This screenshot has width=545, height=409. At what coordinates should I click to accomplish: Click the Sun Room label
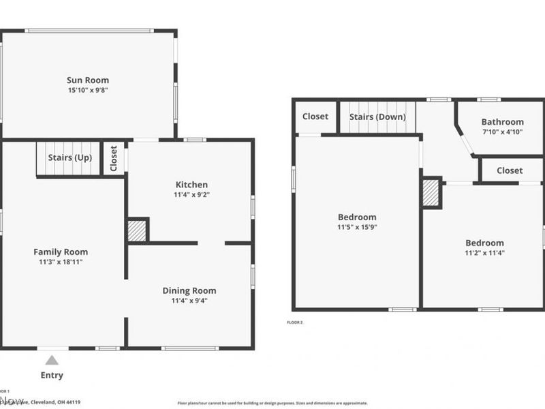click(88, 80)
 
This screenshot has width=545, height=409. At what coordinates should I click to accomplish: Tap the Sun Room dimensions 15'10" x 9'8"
click(88, 90)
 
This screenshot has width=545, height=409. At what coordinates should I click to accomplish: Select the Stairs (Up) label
click(70, 157)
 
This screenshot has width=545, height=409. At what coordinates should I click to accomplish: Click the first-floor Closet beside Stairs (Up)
click(114, 158)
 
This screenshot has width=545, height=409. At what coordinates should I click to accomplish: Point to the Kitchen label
click(191, 185)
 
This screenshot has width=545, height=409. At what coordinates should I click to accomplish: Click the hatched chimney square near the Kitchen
click(137, 230)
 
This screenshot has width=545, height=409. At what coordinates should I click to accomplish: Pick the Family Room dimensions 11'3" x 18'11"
click(61, 262)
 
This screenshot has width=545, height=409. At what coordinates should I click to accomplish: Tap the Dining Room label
click(189, 291)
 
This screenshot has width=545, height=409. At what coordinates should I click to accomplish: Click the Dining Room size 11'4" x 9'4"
click(189, 301)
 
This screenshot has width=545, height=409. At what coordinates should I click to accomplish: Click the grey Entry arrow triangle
click(52, 361)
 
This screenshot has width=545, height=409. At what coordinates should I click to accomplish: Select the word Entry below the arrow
click(52, 375)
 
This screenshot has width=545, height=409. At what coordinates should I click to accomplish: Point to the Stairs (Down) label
click(377, 117)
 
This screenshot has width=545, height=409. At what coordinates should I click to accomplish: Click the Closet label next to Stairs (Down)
click(315, 117)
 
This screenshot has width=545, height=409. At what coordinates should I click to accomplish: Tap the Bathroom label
click(503, 122)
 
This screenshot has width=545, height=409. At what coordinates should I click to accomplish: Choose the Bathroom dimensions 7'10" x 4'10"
click(503, 132)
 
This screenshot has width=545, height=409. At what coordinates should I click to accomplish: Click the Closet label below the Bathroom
click(510, 170)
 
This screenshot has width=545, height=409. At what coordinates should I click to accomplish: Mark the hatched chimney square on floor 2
click(431, 194)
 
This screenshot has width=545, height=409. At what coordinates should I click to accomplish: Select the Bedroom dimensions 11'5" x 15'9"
click(357, 227)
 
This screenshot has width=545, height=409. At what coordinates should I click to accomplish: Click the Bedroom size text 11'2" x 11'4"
click(484, 252)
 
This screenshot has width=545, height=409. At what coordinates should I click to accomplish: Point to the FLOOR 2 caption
click(295, 322)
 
